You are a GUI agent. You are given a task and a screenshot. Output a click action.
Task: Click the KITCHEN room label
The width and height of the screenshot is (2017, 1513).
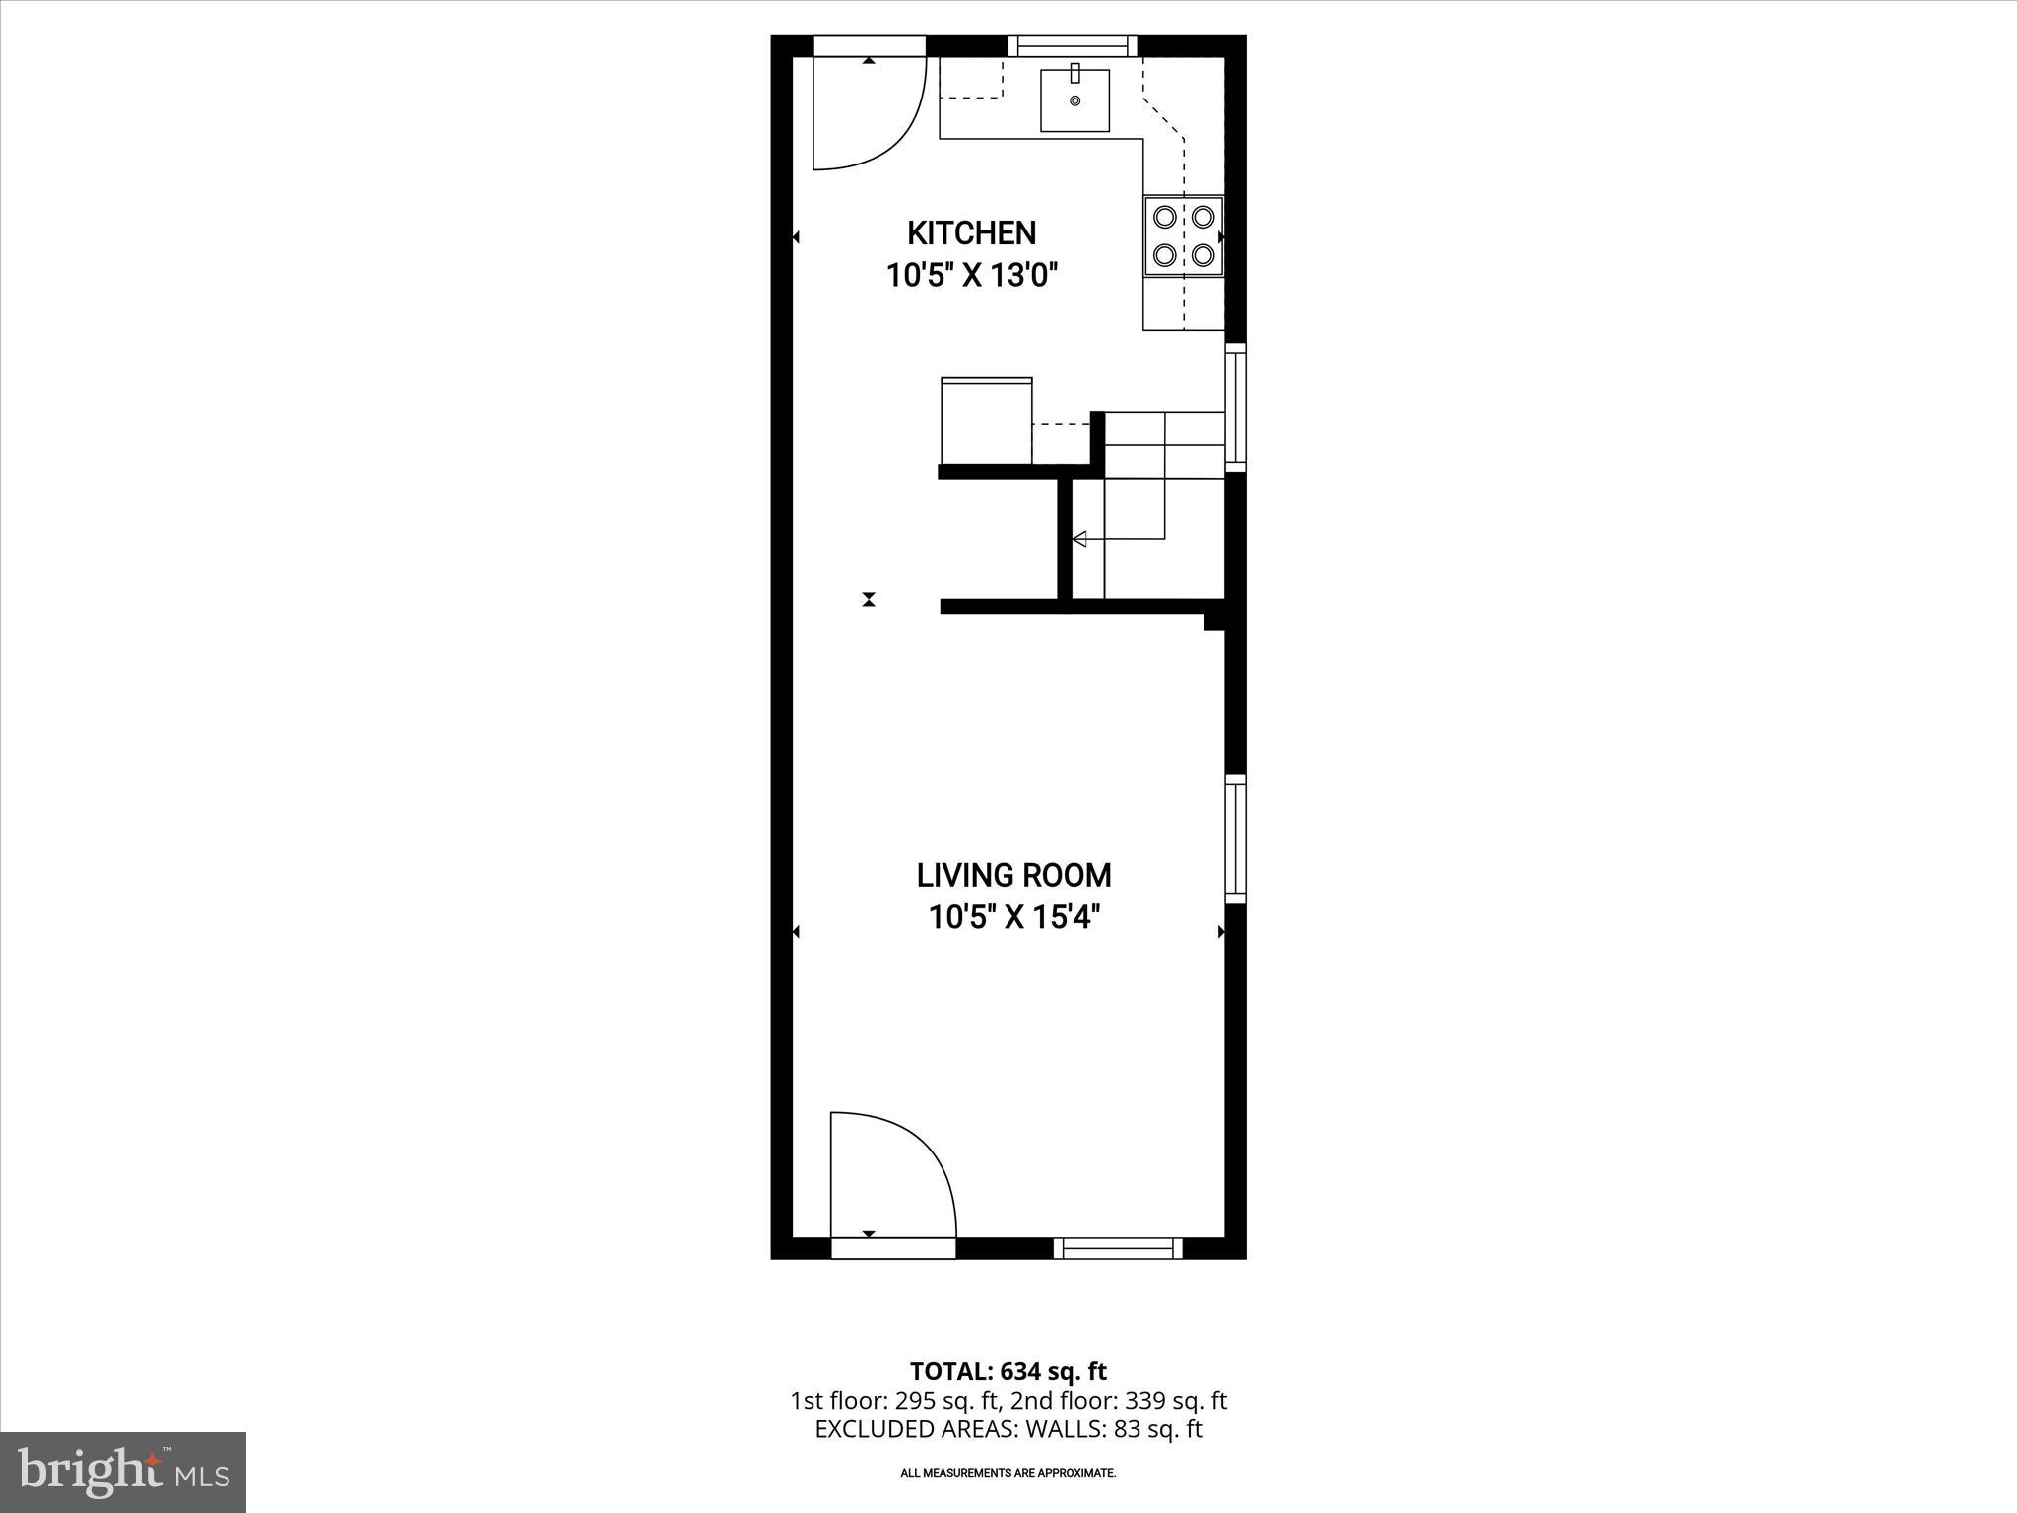click(971, 233)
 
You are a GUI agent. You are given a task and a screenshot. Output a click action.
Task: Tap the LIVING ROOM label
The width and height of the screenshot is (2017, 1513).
click(1013, 875)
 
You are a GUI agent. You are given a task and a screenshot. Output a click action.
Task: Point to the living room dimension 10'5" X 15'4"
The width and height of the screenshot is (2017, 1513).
click(1013, 918)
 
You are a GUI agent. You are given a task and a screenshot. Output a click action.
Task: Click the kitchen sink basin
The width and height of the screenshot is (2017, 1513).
click(1074, 99)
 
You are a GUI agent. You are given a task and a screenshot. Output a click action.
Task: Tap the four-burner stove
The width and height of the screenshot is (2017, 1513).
click(1183, 234)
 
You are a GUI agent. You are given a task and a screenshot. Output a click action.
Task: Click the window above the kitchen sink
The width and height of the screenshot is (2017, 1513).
click(1073, 45)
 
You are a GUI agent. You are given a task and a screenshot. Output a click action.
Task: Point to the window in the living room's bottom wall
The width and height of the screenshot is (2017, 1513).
click(1118, 1249)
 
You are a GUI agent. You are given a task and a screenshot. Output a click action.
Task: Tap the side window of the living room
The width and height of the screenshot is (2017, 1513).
click(1235, 839)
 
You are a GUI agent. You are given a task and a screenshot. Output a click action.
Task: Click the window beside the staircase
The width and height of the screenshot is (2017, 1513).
click(1235, 406)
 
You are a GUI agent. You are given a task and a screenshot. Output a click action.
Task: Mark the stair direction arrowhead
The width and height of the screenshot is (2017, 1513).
click(1079, 539)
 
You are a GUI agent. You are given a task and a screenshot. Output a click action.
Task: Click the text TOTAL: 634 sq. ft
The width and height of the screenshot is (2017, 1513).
click(1008, 1371)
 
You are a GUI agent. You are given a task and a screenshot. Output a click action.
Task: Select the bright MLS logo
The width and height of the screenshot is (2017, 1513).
click(123, 1473)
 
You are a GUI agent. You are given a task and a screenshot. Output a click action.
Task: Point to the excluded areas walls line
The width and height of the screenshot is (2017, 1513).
click(1008, 1429)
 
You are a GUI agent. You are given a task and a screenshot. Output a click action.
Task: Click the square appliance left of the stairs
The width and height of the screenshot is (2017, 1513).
click(986, 421)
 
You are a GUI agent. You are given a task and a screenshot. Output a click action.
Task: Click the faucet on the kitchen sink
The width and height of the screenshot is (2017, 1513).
click(1074, 73)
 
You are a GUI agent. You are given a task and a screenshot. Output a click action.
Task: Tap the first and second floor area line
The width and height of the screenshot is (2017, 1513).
click(1008, 1401)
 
